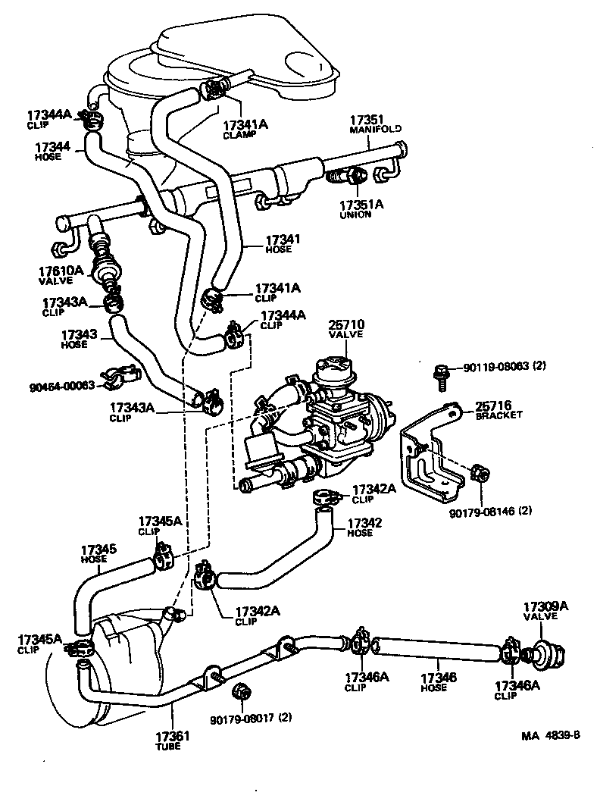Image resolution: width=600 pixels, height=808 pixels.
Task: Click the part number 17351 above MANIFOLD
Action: click(367, 120)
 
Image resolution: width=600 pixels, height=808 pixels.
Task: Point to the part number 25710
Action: click(346, 327)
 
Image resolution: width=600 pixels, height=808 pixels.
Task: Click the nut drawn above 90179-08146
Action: click(478, 474)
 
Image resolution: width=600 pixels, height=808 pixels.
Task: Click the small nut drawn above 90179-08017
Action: click(242, 691)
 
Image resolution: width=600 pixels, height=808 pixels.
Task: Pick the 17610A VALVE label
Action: click(56, 274)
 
